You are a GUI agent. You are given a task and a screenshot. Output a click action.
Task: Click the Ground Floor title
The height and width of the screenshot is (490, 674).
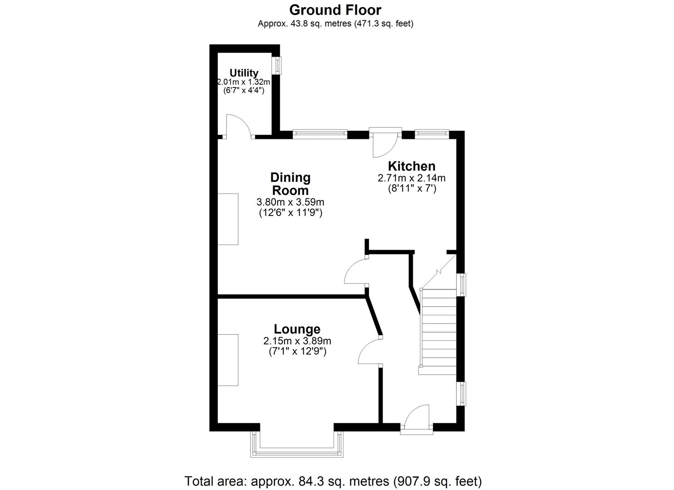coord(335,10)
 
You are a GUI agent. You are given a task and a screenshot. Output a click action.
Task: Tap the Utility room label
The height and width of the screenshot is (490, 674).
coord(244,73)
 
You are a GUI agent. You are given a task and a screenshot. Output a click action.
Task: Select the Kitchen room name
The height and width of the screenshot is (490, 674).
coord(411,166)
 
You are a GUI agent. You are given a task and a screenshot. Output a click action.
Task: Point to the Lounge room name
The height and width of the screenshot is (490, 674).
coord(297,329)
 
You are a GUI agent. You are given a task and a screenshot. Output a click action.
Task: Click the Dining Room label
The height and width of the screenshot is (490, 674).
coord(290,184)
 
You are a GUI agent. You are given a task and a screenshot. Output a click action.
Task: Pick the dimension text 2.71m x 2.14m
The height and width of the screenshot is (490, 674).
coord(411,178)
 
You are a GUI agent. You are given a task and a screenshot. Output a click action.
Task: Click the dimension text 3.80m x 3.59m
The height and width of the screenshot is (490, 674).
coord(290,202)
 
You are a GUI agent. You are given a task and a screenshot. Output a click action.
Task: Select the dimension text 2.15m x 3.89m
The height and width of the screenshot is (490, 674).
coord(297,341)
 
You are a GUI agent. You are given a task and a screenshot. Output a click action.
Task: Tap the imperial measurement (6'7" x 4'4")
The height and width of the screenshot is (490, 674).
coord(244,91)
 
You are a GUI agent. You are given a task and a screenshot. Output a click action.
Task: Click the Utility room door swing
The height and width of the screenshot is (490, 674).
coord(239,127)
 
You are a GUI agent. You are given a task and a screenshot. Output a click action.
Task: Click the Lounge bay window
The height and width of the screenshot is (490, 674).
coord(297,445)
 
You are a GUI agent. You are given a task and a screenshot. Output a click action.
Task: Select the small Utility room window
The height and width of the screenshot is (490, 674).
coord(277,66)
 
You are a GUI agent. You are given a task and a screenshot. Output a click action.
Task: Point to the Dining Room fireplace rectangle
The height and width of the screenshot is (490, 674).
coord(228,219)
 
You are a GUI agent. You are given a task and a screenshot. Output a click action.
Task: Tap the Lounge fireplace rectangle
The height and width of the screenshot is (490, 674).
coord(228,360)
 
